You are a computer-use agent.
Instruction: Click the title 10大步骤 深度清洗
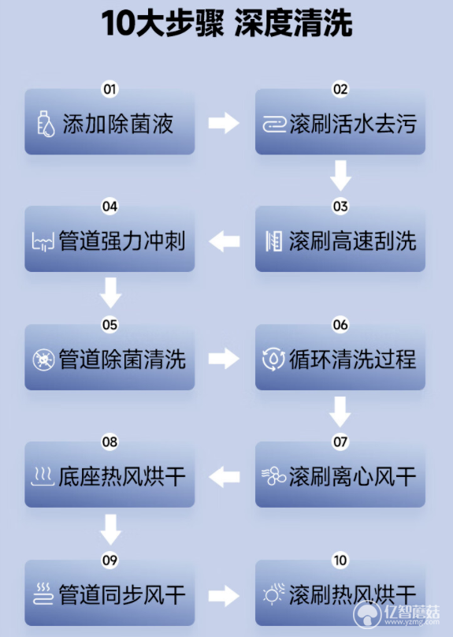[227, 23]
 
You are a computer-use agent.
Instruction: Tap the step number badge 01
[110, 89]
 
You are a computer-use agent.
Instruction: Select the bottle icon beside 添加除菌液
[46, 124]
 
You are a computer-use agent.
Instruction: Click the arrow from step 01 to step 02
[224, 123]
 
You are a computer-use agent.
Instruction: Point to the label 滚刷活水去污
[353, 124]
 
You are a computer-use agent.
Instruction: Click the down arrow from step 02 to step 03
[340, 176]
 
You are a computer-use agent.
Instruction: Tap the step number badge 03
[340, 207]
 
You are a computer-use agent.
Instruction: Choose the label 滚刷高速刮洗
[353, 241]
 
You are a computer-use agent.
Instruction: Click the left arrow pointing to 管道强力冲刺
[224, 241]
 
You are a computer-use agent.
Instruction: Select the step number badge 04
[110, 207]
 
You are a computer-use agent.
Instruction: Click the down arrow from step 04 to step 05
[110, 292]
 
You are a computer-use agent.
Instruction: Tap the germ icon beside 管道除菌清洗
[43, 359]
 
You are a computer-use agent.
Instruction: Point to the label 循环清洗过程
[353, 359]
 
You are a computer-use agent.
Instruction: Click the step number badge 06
[340, 325]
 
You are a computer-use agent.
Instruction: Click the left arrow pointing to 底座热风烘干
[224, 476]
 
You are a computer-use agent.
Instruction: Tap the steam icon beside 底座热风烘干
[43, 476]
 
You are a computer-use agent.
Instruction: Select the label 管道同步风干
[122, 594]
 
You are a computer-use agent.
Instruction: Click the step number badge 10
[340, 561]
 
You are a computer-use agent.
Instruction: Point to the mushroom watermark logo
[367, 614]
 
